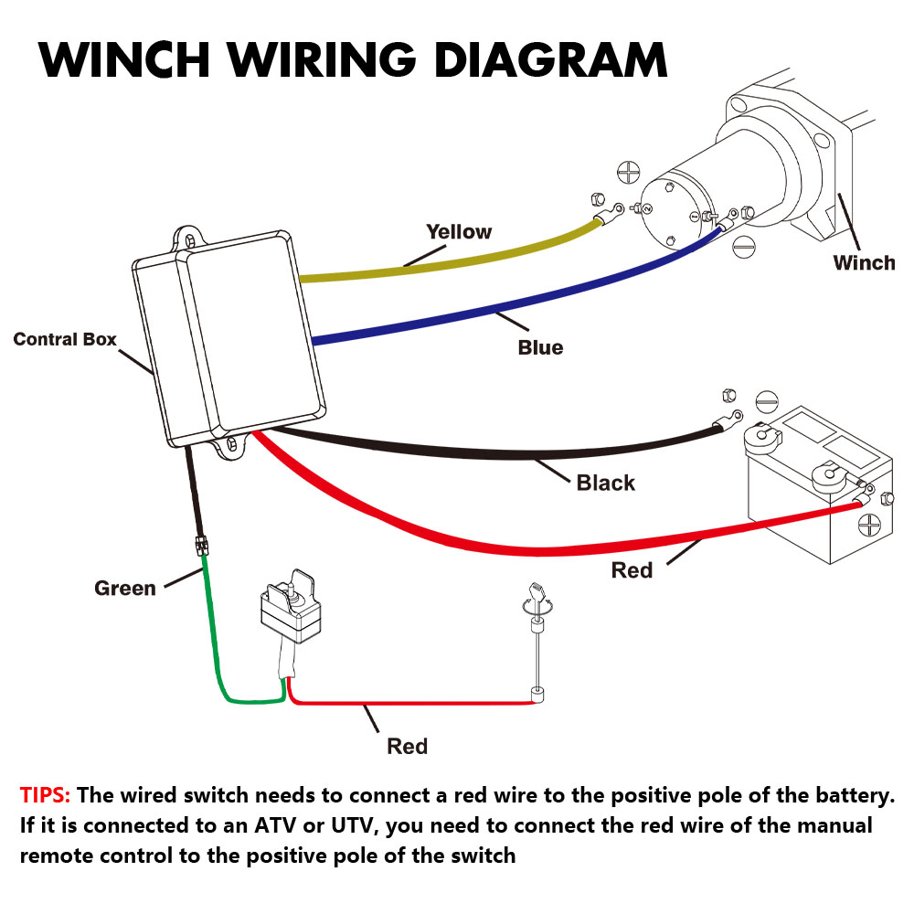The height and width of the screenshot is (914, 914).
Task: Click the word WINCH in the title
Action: click(124, 60)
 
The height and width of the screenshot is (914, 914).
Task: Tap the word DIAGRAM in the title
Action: click(551, 60)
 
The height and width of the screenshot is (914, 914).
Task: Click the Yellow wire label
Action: click(459, 232)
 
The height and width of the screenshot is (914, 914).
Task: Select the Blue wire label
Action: click(540, 347)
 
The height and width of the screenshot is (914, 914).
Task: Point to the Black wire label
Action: click(605, 483)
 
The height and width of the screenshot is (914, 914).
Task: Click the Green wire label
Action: click(125, 588)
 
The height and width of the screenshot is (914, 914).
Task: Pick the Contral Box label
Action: click(65, 340)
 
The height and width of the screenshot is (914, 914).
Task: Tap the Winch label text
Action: click(864, 263)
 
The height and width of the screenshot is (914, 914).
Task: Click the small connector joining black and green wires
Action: click(199, 546)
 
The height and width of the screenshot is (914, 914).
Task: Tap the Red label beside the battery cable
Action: click(632, 570)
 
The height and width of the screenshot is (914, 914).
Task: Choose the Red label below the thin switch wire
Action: click(407, 746)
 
